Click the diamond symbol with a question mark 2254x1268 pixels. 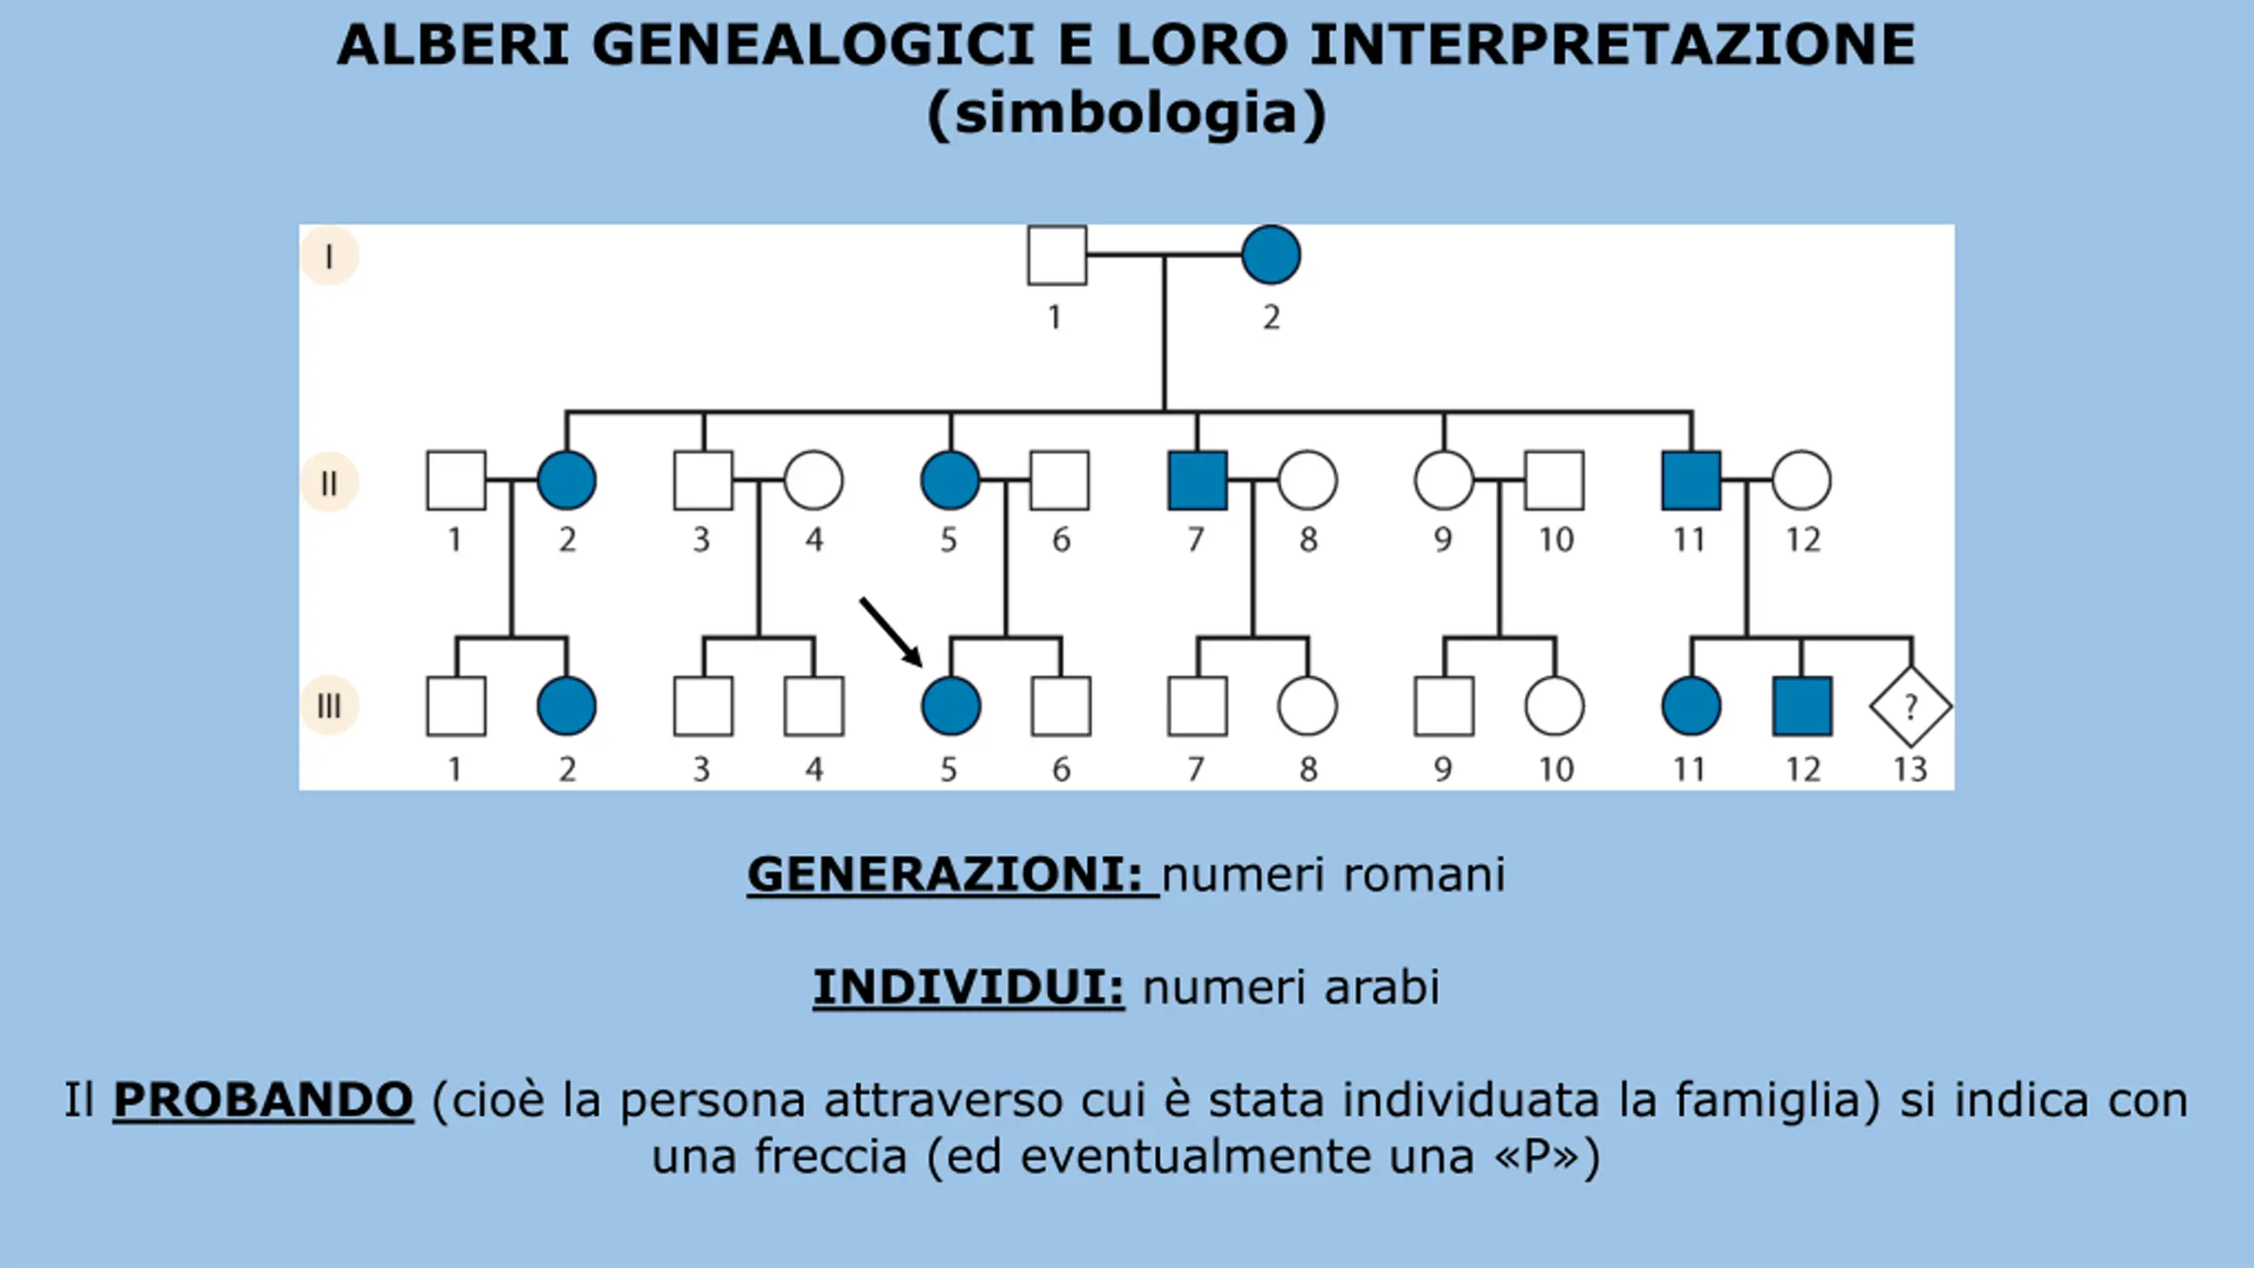[x=1910, y=706]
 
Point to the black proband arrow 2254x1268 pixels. [x=891, y=631]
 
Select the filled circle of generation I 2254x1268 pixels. [x=1271, y=255]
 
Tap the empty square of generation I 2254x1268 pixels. [x=1057, y=255]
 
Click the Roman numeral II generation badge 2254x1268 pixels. [x=329, y=483]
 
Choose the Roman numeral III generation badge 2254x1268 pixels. [x=329, y=705]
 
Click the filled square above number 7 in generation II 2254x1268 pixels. [x=1197, y=481]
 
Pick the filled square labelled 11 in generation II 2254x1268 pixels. [x=1690, y=481]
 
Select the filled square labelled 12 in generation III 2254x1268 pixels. [x=1801, y=706]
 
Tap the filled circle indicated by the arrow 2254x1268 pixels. [x=950, y=706]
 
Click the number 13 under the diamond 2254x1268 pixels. [x=1910, y=770]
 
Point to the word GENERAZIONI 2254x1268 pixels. [x=945, y=874]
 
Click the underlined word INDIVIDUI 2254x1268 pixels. [x=968, y=986]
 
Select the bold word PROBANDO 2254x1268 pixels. [x=262, y=1100]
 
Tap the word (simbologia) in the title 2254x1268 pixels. [x=1126, y=114]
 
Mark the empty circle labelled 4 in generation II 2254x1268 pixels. [x=814, y=481]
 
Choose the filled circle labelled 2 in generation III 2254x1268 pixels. [x=566, y=706]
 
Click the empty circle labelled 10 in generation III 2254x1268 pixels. [x=1554, y=706]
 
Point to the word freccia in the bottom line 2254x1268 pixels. [x=830, y=1156]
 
